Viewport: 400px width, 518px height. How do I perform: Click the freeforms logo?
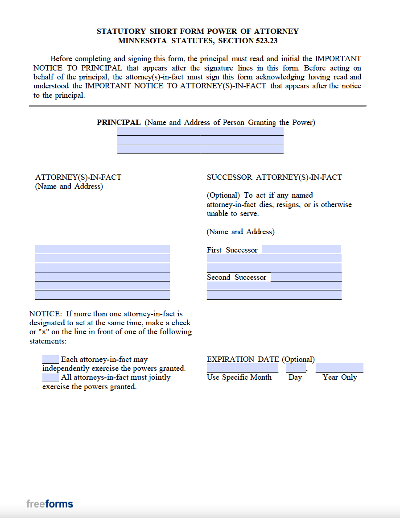tap(49, 504)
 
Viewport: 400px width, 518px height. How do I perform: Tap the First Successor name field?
tap(301, 249)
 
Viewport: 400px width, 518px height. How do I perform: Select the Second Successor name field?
tap(306, 277)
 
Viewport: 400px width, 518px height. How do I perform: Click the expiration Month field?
tap(242, 368)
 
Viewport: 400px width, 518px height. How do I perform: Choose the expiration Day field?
tap(296, 368)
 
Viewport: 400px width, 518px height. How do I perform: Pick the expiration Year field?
tap(339, 368)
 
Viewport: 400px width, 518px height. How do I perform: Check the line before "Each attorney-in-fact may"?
tap(50, 359)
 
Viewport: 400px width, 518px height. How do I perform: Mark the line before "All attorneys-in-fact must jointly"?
tap(50, 377)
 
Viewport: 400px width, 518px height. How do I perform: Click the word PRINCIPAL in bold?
tap(119, 122)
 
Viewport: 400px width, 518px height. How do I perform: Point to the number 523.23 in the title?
tap(268, 41)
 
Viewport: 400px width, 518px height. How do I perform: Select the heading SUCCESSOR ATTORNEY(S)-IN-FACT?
tap(274, 177)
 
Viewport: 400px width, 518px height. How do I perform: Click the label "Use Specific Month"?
tap(239, 377)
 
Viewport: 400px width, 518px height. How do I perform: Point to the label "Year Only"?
tap(340, 377)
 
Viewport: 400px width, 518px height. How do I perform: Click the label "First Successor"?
tap(232, 250)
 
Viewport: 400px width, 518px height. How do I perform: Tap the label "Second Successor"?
tap(236, 277)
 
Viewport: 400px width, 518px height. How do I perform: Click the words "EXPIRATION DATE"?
tap(243, 359)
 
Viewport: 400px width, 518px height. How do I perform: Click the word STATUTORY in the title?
tap(121, 31)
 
